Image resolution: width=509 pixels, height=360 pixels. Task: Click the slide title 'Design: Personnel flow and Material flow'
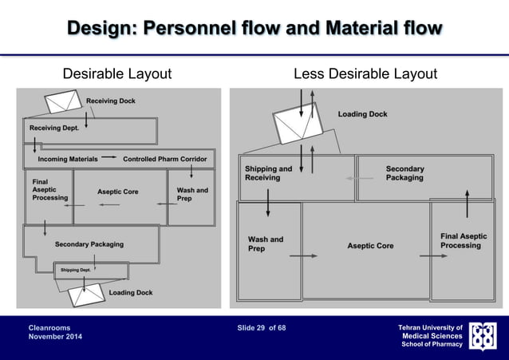pos(254,29)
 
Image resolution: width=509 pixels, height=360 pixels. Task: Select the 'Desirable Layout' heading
pos(117,74)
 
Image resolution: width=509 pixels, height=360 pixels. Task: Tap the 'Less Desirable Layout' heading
pos(365,74)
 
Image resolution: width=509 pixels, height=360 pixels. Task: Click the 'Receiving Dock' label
pos(111,101)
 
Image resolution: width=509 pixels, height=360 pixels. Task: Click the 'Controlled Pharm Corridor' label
pos(164,159)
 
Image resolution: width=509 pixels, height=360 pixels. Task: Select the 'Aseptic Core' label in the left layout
pos(117,192)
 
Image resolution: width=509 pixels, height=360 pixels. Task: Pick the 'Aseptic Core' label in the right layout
pos(370,245)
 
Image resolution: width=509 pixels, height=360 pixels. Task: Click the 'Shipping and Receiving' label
pos(268,173)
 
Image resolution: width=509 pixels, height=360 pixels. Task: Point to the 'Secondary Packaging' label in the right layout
pos(405,173)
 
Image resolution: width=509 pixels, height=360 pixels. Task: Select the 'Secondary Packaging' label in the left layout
pos(89,243)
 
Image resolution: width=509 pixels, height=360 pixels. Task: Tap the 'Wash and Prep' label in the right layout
pos(266,243)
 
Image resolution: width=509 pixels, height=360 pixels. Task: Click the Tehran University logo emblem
pos(483,336)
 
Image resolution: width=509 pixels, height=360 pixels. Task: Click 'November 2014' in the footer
pos(55,337)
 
